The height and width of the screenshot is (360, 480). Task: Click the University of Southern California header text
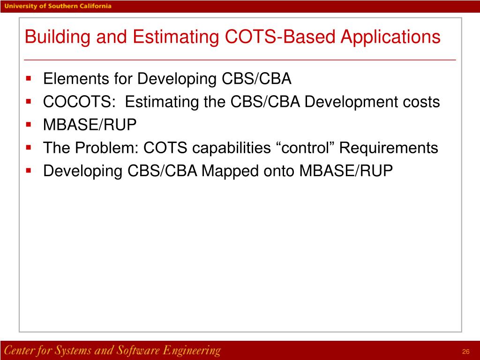(59, 6)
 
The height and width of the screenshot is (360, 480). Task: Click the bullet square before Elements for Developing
(29, 78)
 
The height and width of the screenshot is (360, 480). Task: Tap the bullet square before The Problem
(29, 147)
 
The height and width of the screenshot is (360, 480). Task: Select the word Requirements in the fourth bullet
(389, 148)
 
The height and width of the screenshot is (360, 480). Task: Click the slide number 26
(465, 352)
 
